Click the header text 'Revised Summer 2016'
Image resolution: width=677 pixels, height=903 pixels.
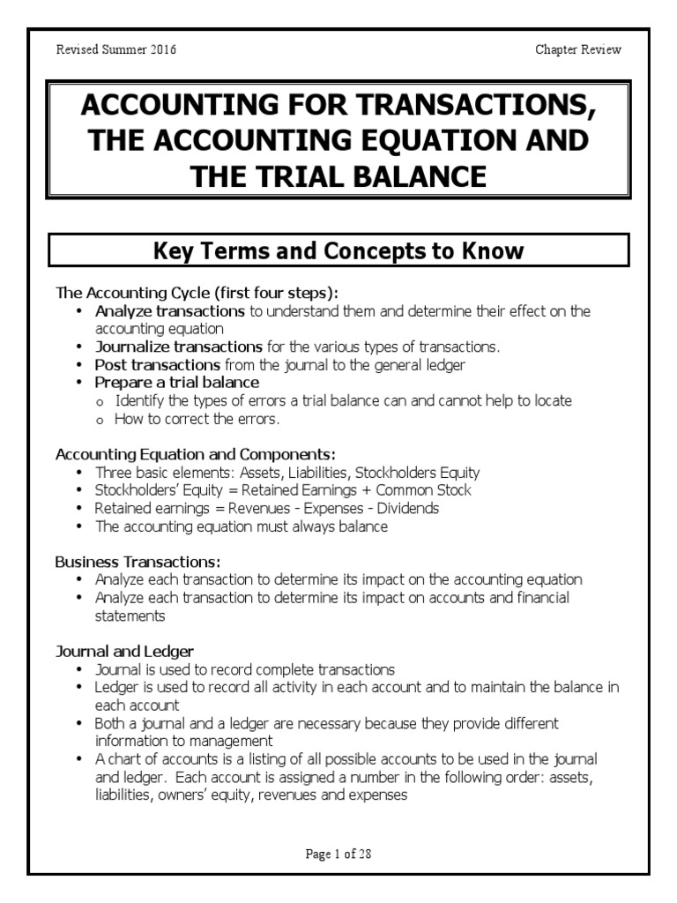[115, 49]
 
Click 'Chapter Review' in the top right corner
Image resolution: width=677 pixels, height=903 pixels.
[578, 49]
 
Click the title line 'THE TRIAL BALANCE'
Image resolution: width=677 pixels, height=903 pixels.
[338, 175]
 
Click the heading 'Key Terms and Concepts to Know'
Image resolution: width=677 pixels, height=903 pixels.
[338, 251]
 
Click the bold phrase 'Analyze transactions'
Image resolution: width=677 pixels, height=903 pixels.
[170, 311]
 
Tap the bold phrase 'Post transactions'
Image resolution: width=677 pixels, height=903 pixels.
[158, 364]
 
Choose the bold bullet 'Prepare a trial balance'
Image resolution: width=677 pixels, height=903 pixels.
[177, 382]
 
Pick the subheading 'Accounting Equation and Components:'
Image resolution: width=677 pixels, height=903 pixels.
[195, 454]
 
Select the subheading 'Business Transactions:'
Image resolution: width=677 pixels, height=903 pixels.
[138, 562]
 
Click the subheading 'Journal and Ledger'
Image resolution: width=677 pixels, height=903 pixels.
[124, 652]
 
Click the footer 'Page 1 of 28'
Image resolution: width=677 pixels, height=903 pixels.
[338, 854]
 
